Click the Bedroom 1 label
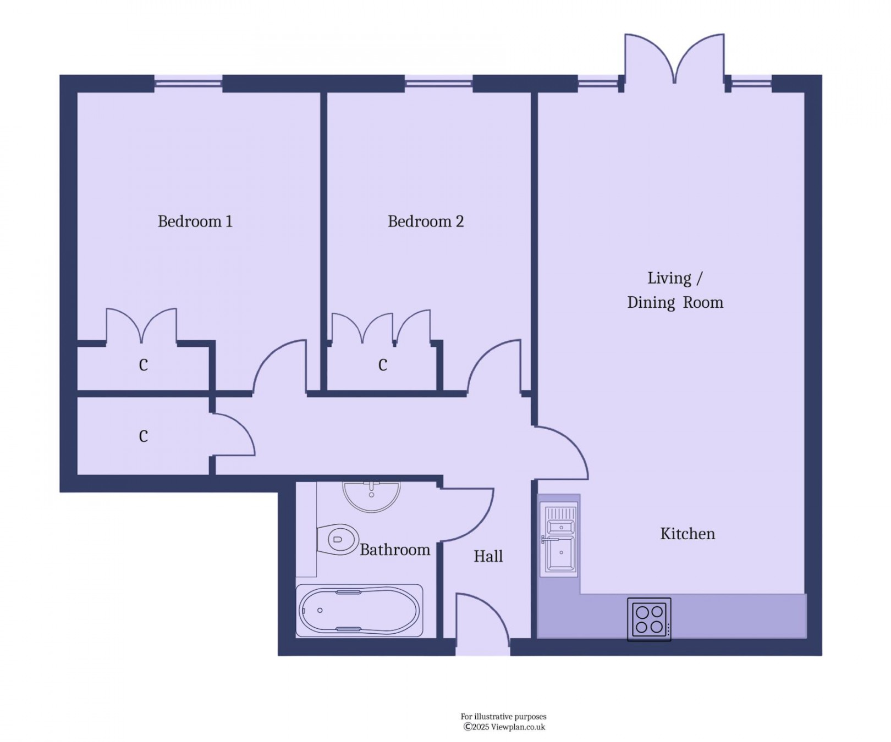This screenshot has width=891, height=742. coord(195,222)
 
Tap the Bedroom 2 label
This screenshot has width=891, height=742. coord(425,222)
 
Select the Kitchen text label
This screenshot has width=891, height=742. coord(687,534)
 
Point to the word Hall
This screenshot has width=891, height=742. coord(488,556)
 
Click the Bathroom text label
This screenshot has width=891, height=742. coord(394,550)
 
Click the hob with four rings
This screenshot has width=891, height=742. coord(649,619)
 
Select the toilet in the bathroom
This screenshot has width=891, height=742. coord(337,539)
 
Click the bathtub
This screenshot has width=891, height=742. coord(360,611)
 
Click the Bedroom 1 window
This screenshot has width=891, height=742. coord(188,84)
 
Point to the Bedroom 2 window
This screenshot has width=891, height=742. coord(438,84)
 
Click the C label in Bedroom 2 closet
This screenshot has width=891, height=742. coord(383,365)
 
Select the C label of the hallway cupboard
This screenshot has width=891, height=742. coord(143,436)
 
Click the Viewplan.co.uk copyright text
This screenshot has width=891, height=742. coord(504,727)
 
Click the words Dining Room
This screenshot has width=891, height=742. coord(675,302)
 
